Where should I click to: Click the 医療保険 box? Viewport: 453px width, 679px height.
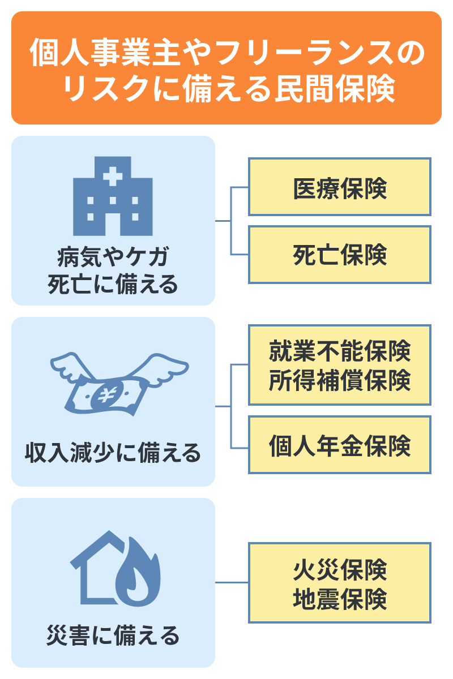(x=340, y=187)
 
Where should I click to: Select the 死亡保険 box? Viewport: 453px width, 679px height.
(x=340, y=255)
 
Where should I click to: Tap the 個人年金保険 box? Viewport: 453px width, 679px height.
(x=340, y=445)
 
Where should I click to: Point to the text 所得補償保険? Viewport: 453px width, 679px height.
(x=340, y=379)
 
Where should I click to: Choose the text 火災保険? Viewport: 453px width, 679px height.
(x=340, y=569)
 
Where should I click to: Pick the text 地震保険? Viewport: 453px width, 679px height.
(x=340, y=598)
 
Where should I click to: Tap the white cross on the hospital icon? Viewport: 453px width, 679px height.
(x=113, y=176)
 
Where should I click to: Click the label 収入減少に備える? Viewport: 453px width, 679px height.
(x=113, y=453)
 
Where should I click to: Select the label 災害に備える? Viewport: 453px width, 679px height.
(x=113, y=635)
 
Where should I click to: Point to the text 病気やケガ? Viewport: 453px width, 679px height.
(x=113, y=258)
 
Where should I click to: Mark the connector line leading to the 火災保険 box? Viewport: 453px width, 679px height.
(x=232, y=582)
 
